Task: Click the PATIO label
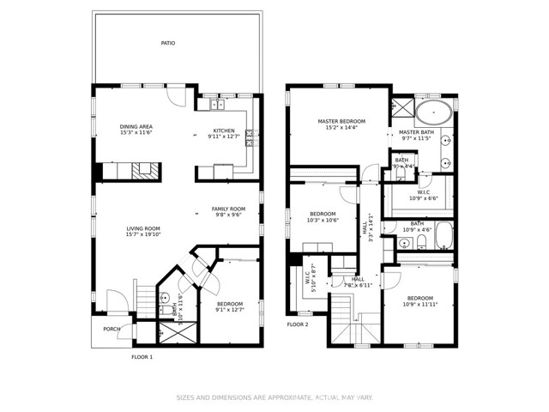(x=167, y=42)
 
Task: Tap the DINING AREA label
(x=136, y=127)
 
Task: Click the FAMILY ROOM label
(x=229, y=209)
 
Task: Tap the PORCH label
(x=112, y=329)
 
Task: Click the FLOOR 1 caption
(x=142, y=357)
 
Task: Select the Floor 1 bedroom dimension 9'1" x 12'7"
(x=229, y=310)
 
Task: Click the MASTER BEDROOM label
(x=341, y=122)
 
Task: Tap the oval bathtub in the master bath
(x=436, y=111)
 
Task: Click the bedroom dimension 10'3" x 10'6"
(x=323, y=220)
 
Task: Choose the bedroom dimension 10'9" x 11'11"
(x=420, y=304)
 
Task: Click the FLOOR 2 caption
(x=297, y=324)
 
